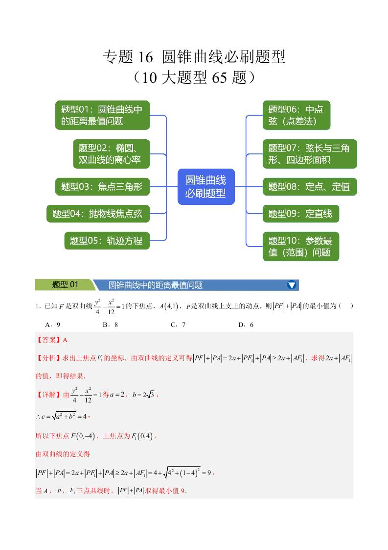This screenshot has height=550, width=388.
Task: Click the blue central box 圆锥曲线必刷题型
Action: click(205, 187)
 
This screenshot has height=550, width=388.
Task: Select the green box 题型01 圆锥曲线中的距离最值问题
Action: click(102, 115)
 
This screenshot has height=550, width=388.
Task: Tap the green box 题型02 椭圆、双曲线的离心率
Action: click(111, 154)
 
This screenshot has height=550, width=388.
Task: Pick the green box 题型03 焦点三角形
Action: click(102, 187)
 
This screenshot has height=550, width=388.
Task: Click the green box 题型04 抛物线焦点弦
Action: click(98, 214)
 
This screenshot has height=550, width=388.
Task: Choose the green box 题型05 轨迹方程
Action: click(107, 241)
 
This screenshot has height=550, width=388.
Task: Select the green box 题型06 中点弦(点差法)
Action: click(296, 115)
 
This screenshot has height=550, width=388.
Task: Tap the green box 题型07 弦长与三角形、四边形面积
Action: click(309, 154)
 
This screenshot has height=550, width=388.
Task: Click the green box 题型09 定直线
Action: click(300, 214)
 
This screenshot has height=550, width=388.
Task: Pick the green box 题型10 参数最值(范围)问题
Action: click(300, 247)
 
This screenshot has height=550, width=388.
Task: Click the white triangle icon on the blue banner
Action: click(292, 285)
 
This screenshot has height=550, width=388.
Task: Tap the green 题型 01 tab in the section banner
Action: click(65, 285)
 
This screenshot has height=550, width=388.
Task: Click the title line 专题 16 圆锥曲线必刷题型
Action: click(194, 57)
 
